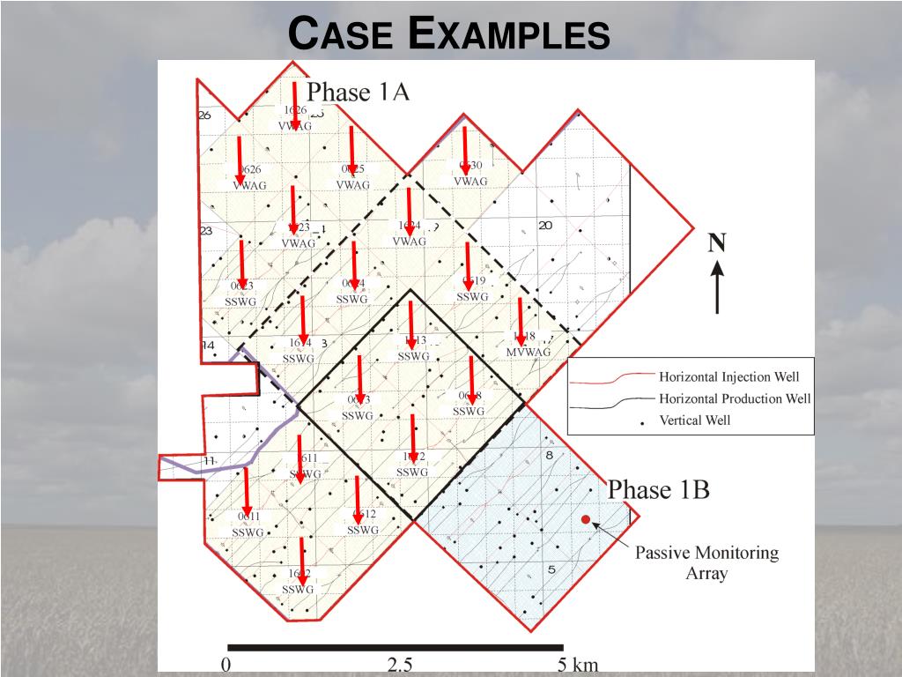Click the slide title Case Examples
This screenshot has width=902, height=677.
click(450, 35)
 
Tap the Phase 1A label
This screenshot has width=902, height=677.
click(358, 92)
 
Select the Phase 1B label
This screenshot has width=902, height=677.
click(659, 489)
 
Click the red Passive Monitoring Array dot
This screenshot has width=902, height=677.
click(586, 520)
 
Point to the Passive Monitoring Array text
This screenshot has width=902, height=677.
click(707, 563)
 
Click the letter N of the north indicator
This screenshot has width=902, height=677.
click(717, 243)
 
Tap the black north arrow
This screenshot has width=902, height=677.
click(718, 286)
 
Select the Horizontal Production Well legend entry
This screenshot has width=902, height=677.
click(734, 398)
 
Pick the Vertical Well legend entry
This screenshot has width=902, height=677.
click(694, 420)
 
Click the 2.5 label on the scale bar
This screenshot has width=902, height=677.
click(400, 666)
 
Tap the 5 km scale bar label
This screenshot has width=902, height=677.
click(577, 666)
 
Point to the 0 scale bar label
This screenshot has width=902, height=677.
click(225, 666)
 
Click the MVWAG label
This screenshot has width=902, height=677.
click(528, 352)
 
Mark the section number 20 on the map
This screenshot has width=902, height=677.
click(545, 226)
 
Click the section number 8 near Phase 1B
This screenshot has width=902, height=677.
click(549, 456)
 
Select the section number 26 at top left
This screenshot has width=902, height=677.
click(204, 115)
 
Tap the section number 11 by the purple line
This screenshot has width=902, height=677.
click(209, 461)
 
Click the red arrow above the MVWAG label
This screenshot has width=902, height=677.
click(521, 321)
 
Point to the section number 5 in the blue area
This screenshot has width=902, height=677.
click(551, 569)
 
